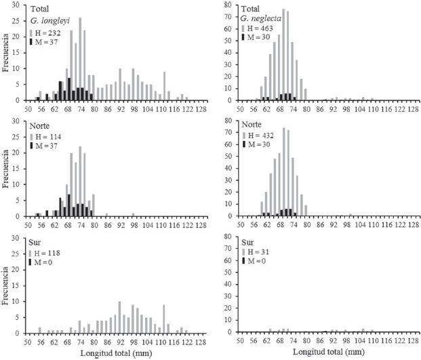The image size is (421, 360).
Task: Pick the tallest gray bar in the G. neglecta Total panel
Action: (283, 55)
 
